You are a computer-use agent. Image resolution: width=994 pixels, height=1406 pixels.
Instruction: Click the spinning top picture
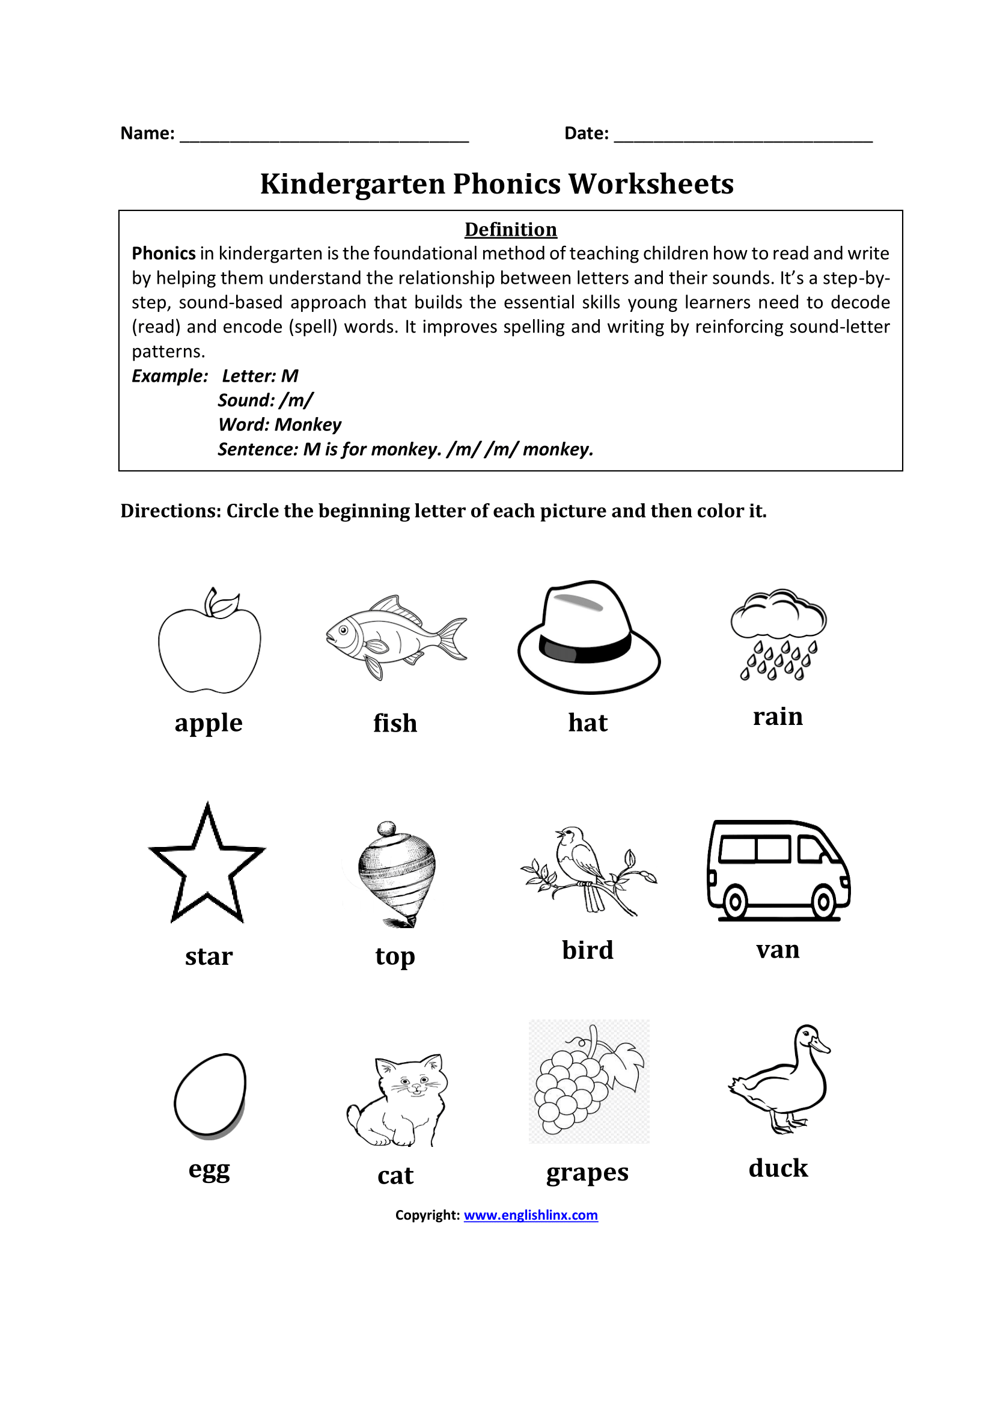(x=396, y=873)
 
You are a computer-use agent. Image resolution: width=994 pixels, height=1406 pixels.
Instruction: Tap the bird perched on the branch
(x=579, y=857)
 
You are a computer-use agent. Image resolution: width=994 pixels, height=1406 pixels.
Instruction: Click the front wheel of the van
(x=823, y=901)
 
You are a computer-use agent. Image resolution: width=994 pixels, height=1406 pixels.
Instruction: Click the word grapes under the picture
(x=587, y=1172)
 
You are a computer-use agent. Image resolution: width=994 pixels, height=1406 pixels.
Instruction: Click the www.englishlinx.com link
(x=531, y=1215)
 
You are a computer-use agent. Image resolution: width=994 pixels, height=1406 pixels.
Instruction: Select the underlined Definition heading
(x=510, y=229)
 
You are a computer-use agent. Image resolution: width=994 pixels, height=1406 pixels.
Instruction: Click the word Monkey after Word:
(x=308, y=424)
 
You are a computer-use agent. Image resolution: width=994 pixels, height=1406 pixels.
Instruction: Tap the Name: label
(x=147, y=133)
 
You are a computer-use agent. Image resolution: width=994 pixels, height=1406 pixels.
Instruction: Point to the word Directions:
(x=170, y=511)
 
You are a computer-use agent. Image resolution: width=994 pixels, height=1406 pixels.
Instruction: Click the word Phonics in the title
(x=506, y=184)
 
